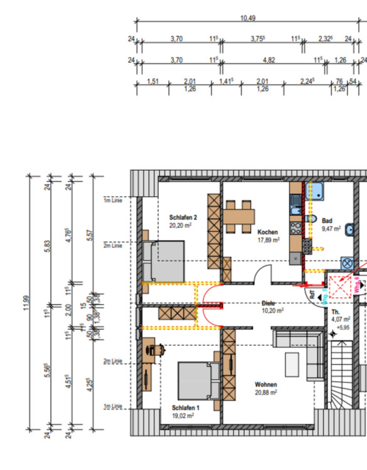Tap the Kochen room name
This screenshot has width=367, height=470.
tap(267, 232)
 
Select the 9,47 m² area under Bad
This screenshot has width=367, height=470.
tap(331, 229)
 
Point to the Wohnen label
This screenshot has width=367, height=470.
tap(266, 384)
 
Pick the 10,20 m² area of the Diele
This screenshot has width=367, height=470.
tap(272, 310)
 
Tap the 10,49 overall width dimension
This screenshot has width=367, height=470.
tap(248, 18)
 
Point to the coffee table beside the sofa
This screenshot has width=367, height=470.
tap(292, 365)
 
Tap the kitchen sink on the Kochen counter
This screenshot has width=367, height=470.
tap(295, 202)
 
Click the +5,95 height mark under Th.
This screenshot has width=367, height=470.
tap(343, 327)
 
